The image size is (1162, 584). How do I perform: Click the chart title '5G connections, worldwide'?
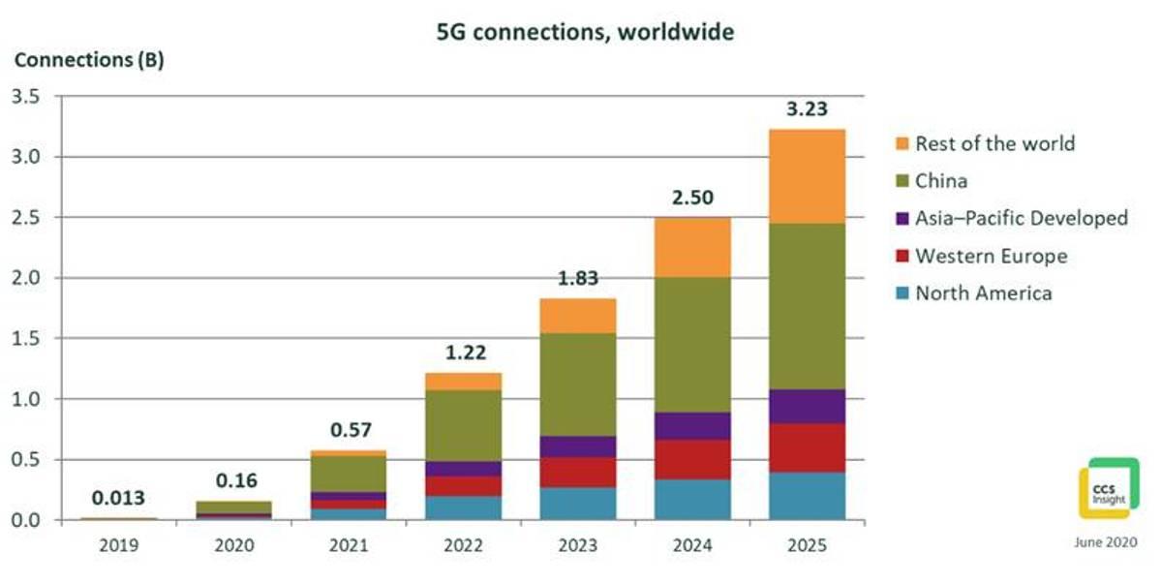583,32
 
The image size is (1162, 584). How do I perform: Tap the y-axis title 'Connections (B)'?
89,60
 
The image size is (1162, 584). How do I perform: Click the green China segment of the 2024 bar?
692,344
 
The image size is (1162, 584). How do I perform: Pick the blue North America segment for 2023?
578,503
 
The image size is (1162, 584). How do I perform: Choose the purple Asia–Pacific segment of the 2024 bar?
692,425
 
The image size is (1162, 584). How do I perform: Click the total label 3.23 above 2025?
807,108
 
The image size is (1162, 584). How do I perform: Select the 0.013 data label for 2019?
118,499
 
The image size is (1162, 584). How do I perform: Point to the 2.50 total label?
692,198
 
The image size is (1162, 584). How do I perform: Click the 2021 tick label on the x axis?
349,545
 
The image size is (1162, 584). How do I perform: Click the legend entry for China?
941,180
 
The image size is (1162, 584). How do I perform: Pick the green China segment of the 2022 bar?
463,425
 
